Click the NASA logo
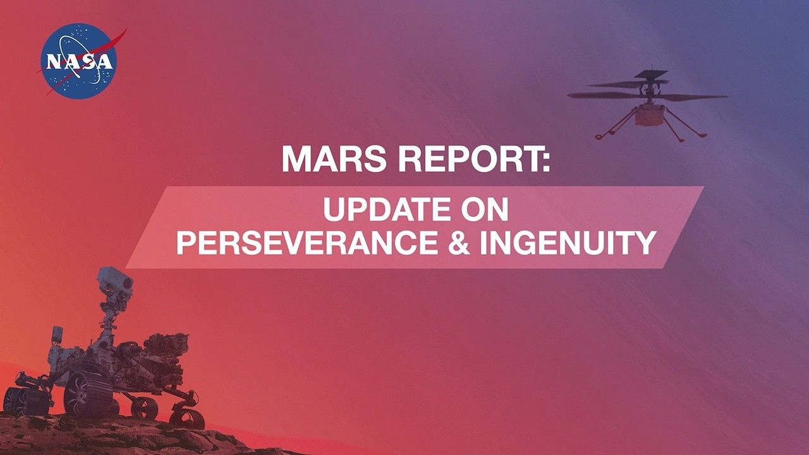(x=79, y=61)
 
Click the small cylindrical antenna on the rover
(x=56, y=334)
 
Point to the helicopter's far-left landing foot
(x=598, y=136)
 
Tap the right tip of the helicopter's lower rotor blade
(x=726, y=97)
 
